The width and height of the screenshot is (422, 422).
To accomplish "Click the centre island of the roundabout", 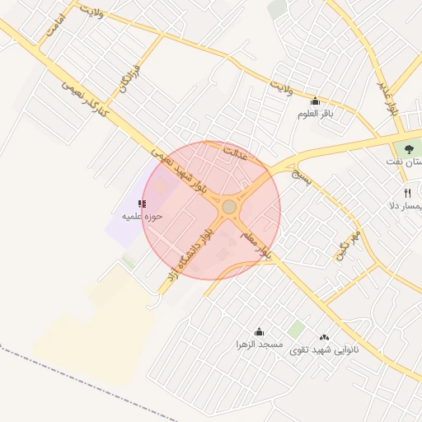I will click(228, 207).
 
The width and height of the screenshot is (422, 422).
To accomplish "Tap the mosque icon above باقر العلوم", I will click(315, 102).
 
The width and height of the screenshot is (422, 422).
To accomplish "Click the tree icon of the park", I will click(410, 149).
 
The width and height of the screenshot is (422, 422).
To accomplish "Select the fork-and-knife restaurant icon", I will click(407, 193).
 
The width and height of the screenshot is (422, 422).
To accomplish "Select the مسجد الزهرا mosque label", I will click(259, 344).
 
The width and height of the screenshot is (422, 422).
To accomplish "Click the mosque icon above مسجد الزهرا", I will click(260, 331).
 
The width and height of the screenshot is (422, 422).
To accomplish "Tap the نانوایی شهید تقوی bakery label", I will click(324, 349).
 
